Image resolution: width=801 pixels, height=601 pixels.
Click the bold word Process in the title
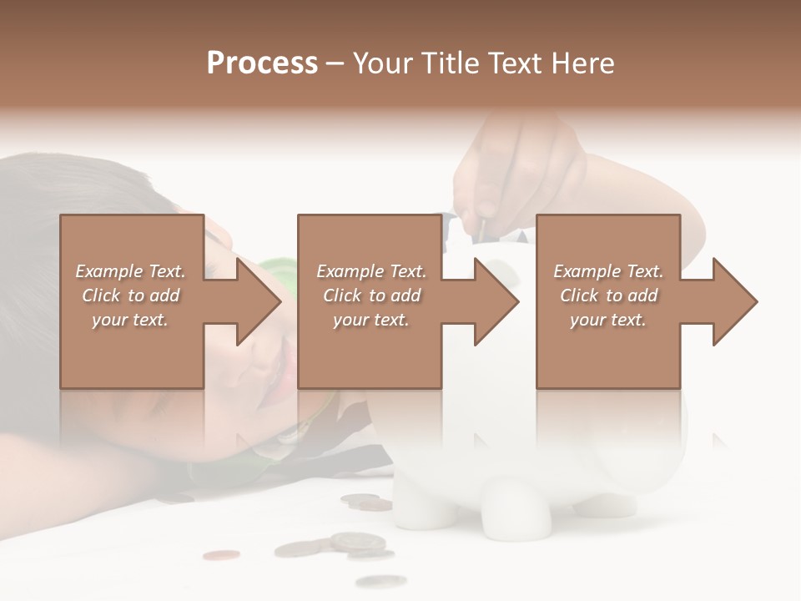point(262,63)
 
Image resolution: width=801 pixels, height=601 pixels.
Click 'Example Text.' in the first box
point(130,271)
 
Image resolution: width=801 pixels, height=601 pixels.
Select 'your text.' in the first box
point(130,320)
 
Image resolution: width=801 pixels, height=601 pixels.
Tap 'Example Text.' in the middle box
point(371,271)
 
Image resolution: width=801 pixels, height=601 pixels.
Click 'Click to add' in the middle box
point(371,295)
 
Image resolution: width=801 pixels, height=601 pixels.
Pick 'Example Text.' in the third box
point(608,271)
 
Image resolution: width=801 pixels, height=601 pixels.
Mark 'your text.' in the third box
point(608,320)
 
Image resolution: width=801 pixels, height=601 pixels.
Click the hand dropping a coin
point(517,167)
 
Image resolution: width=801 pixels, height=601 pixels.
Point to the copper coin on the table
point(221,554)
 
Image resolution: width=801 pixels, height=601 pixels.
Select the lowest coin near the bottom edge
point(380,581)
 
